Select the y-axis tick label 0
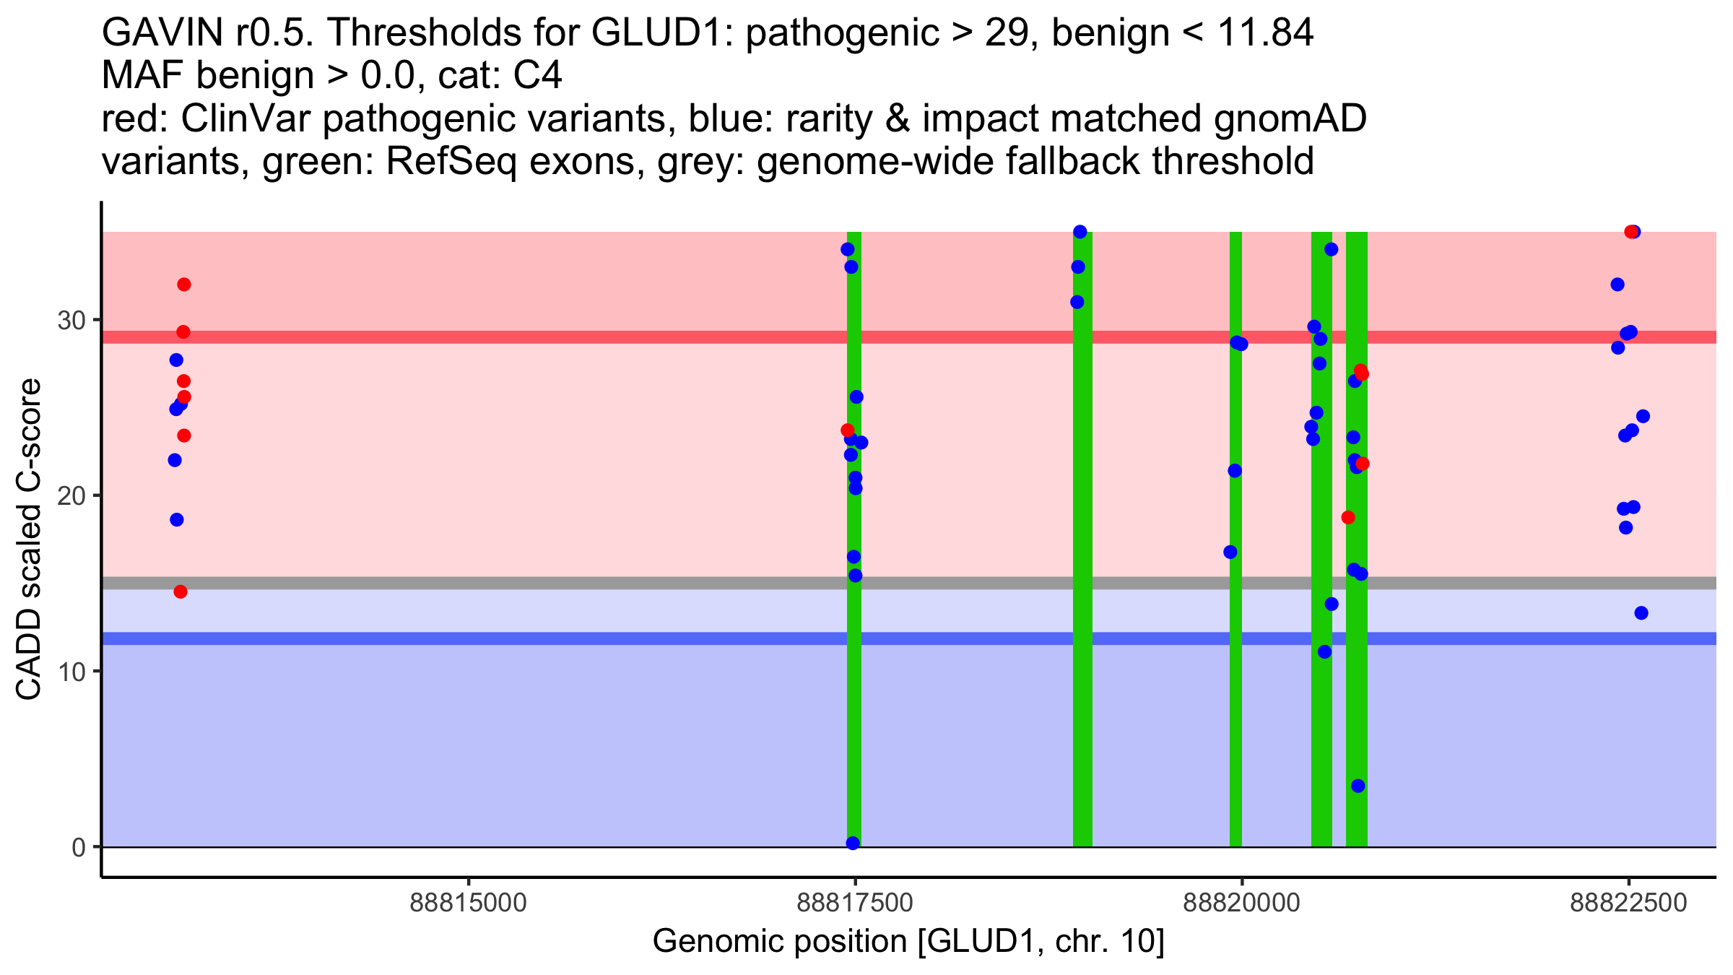click(x=79, y=847)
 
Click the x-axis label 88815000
click(x=469, y=903)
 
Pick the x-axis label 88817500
click(x=855, y=903)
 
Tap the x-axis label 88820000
click(x=1241, y=903)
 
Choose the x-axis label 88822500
click(x=1628, y=903)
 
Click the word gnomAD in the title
click(x=1290, y=118)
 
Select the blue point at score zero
click(x=853, y=843)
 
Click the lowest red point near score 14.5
click(x=181, y=591)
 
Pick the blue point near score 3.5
click(x=1358, y=786)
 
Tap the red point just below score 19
click(x=1348, y=517)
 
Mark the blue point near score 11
click(x=1324, y=652)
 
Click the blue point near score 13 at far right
click(x=1641, y=613)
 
